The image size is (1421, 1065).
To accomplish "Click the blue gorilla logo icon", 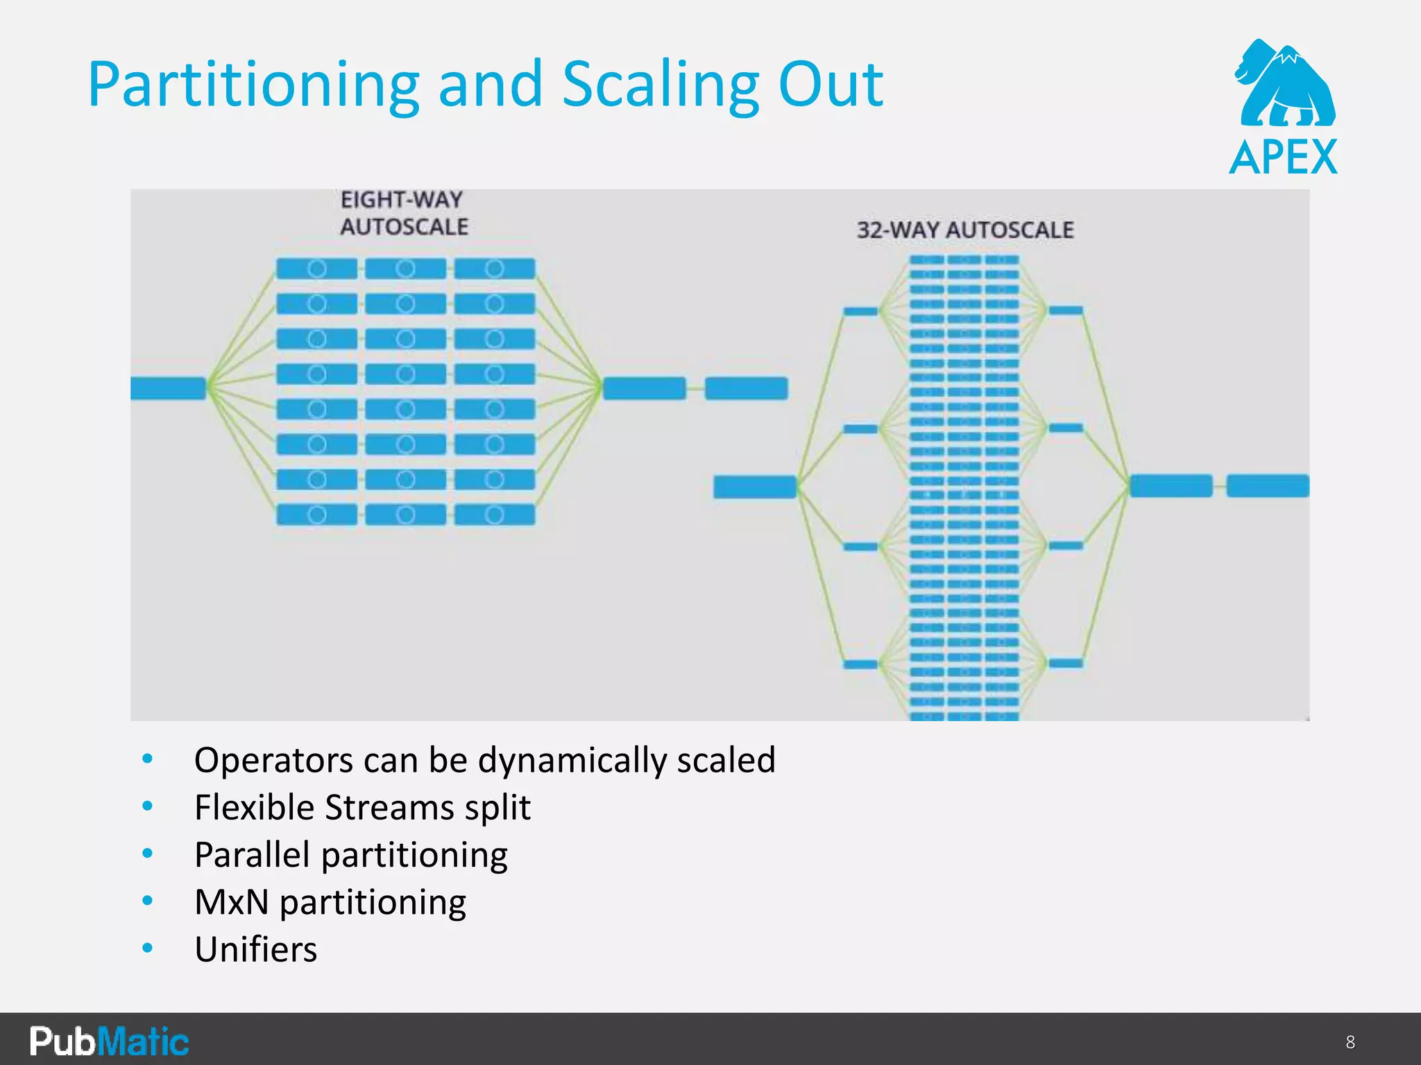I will click(1285, 83).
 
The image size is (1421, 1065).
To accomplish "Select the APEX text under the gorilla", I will click(1284, 157).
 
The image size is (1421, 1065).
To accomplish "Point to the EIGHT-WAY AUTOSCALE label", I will click(404, 213).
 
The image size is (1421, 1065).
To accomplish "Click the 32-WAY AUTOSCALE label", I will click(965, 230).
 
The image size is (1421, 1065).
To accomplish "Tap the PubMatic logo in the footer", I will click(109, 1041).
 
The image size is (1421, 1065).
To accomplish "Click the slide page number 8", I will click(1350, 1042).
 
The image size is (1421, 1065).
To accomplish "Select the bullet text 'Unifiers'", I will click(255, 949).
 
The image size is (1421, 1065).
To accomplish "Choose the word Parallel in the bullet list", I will click(251, 854).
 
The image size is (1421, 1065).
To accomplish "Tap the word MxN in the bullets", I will click(231, 902).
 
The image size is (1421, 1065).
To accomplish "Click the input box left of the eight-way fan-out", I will click(168, 388).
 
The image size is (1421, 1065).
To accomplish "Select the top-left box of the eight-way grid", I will click(316, 269).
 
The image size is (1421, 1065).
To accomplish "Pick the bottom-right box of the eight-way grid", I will click(495, 514).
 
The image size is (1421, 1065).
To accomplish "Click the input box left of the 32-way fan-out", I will click(755, 487).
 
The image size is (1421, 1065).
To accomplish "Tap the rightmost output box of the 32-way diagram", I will click(1267, 485).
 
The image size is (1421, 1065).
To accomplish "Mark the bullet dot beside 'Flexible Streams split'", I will click(147, 806).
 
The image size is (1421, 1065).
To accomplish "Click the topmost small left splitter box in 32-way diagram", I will click(860, 311).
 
